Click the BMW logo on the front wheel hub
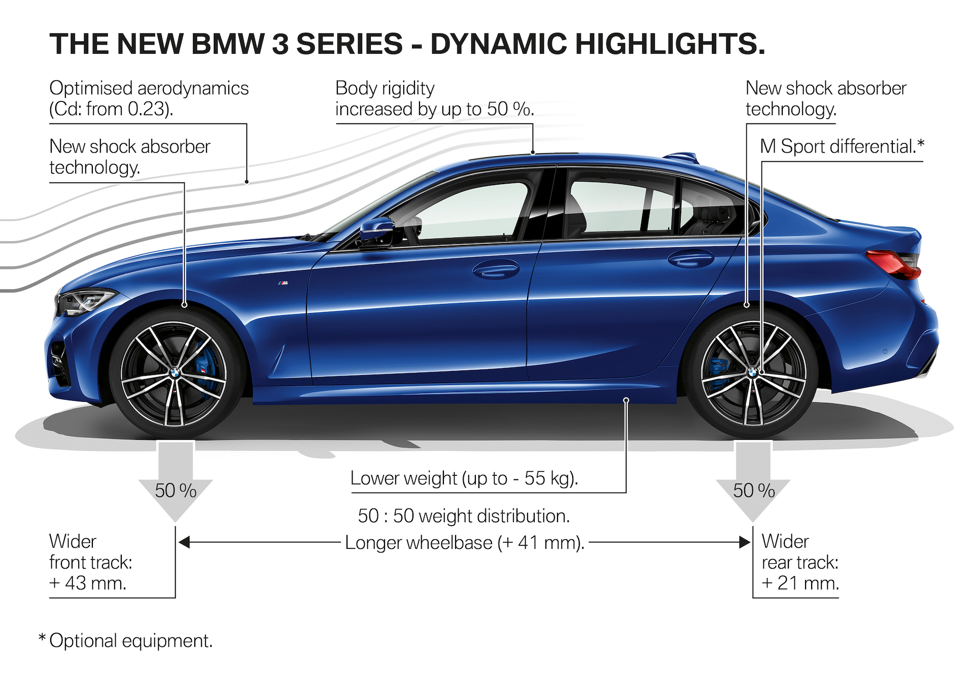175,373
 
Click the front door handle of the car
496,269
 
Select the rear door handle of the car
690,259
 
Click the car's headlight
86,301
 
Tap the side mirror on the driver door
377,229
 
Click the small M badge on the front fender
283,283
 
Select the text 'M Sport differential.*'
842,147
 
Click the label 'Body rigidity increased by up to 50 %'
434,99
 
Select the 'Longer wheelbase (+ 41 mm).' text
465,543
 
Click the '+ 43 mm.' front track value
88,583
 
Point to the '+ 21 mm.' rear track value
800,583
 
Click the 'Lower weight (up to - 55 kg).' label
464,478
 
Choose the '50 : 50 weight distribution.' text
464,516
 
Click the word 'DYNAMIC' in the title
498,44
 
